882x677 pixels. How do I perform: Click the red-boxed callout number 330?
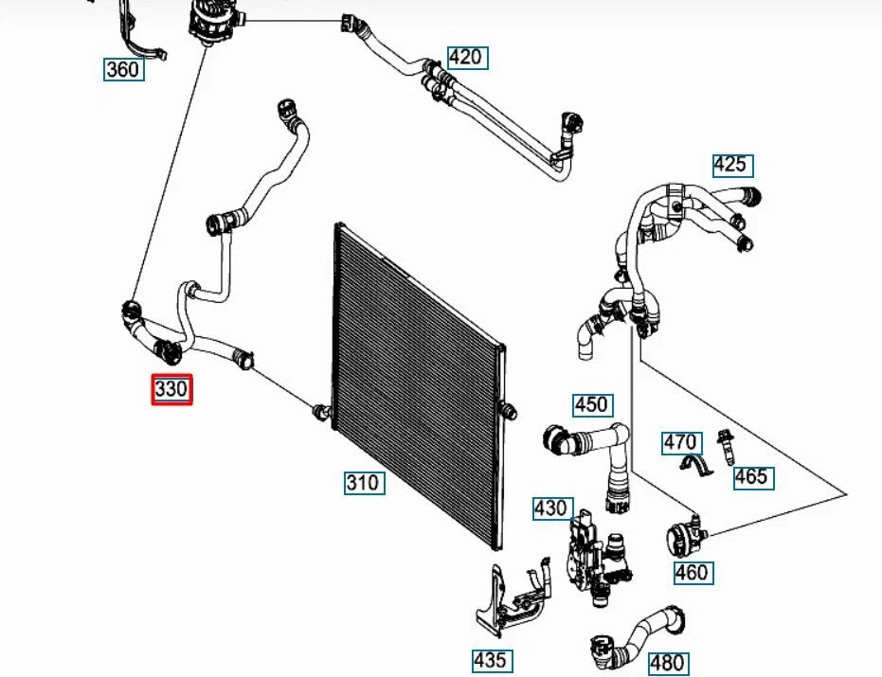click(x=171, y=389)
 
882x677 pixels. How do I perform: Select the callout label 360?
click(x=124, y=70)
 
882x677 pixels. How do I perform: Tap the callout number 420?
click(x=467, y=58)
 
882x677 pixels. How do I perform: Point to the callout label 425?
click(x=733, y=166)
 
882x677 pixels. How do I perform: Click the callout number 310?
click(x=365, y=483)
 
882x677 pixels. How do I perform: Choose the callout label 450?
click(x=593, y=405)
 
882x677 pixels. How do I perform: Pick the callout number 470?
click(x=682, y=443)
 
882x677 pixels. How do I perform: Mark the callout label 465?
click(x=753, y=477)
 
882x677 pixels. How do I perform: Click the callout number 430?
click(x=553, y=508)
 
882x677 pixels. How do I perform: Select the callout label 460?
click(x=693, y=573)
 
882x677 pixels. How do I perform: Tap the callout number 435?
click(x=493, y=661)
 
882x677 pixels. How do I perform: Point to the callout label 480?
click(x=669, y=663)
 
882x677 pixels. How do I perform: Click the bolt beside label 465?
click(x=726, y=447)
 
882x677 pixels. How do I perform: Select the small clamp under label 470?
click(x=695, y=465)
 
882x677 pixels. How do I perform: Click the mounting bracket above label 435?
click(x=513, y=597)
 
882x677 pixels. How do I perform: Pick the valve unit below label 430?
click(x=599, y=561)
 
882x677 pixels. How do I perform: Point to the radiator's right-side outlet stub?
click(x=508, y=411)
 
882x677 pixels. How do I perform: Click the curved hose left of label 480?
click(x=638, y=637)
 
